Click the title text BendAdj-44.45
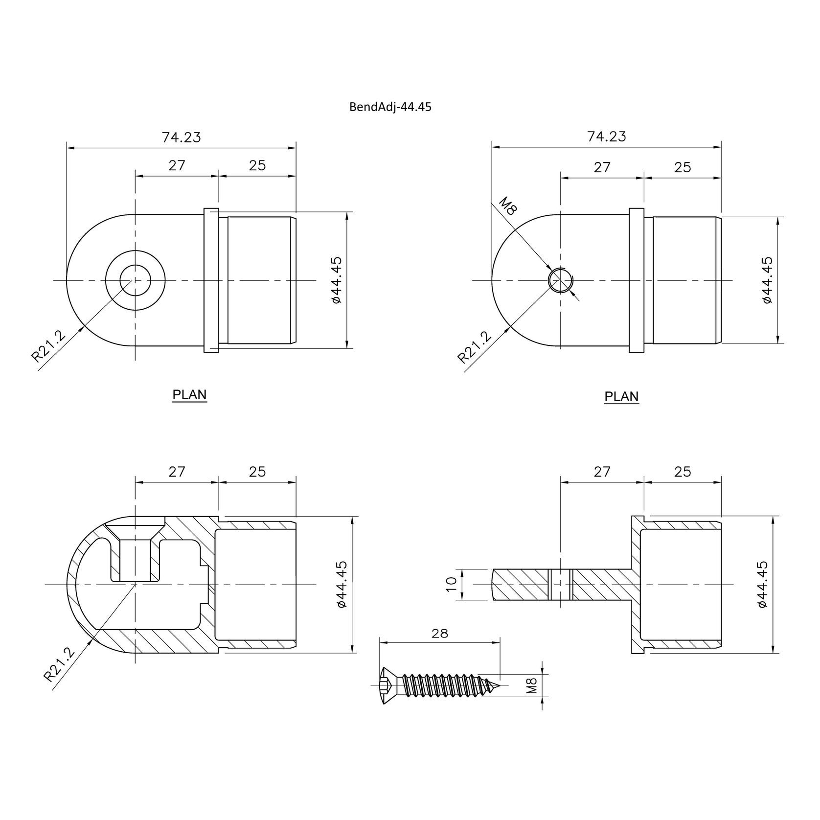(390, 107)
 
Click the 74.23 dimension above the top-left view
(181, 137)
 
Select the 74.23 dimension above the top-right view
(606, 137)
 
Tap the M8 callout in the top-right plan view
(508, 206)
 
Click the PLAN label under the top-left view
(189, 395)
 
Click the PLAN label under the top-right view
(621, 396)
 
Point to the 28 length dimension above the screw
(440, 633)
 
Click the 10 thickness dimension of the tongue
(451, 584)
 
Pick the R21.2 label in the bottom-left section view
(60, 664)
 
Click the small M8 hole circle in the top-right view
(560, 280)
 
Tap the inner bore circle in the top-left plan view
(135, 280)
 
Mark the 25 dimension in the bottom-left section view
(257, 472)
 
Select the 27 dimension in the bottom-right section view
(602, 472)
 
